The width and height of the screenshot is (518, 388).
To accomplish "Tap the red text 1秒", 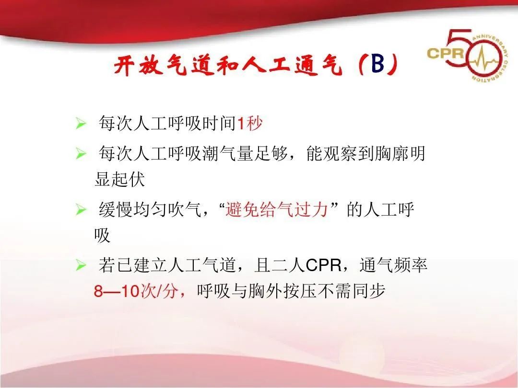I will [x=250, y=124].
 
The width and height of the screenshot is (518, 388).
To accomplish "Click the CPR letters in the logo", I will [x=445, y=52].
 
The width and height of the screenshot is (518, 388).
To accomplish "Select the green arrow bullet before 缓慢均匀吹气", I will [x=81, y=210].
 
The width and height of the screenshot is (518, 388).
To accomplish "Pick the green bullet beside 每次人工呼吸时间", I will [x=81, y=125].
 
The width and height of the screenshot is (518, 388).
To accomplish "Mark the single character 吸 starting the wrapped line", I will [x=102, y=235].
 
